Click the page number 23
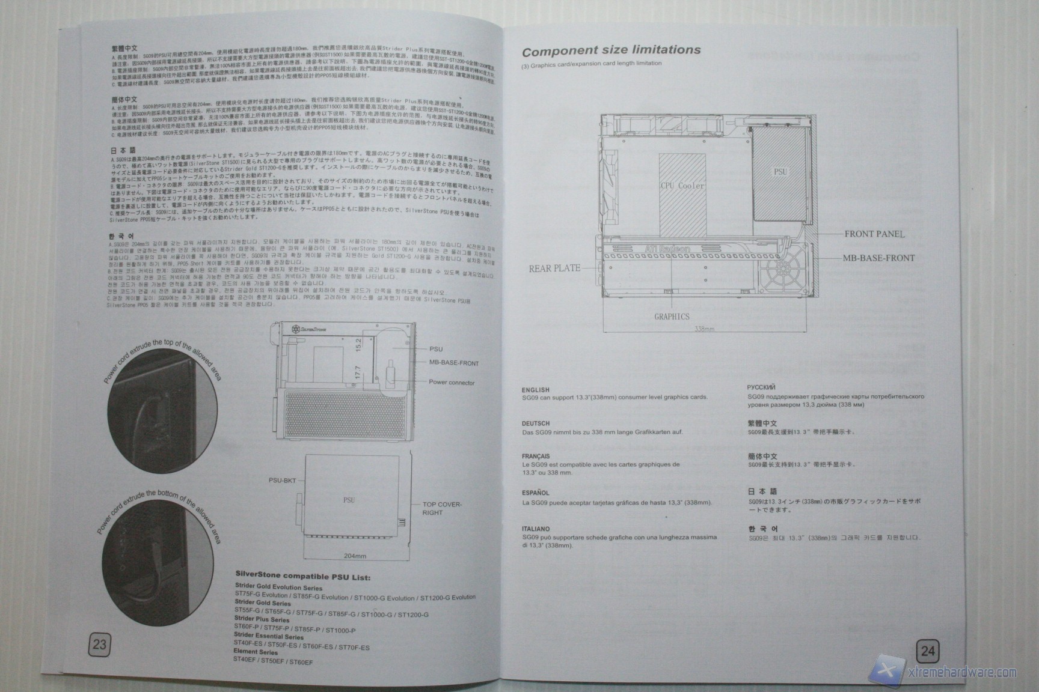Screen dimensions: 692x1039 click(x=99, y=645)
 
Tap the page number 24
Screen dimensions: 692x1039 click(x=928, y=651)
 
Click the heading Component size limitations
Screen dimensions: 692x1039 click(x=611, y=50)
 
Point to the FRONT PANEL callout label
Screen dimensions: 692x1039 click(x=874, y=234)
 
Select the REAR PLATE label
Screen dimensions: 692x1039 click(x=554, y=268)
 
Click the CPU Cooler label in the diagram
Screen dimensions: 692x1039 click(x=682, y=186)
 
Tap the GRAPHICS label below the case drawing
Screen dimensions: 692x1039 click(x=672, y=317)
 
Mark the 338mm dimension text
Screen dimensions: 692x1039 click(x=704, y=329)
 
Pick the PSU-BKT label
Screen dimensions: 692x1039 click(x=281, y=481)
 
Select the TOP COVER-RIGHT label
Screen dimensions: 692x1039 click(x=442, y=509)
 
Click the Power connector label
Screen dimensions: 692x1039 click(x=452, y=383)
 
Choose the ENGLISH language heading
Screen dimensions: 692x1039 click(x=536, y=390)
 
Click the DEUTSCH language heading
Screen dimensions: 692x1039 click(x=536, y=423)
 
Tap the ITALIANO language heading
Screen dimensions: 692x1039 click(x=536, y=529)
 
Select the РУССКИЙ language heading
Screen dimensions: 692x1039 click(x=761, y=387)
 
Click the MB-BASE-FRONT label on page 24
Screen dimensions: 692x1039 click(x=878, y=258)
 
